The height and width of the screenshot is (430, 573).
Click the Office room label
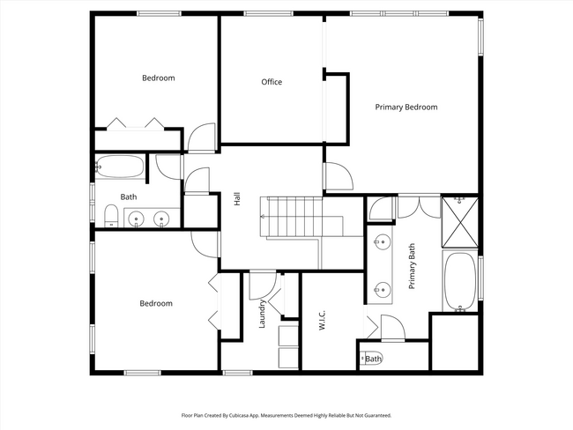[272, 82]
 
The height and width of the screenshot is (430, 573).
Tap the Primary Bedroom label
[406, 107]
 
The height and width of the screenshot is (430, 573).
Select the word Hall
[237, 201]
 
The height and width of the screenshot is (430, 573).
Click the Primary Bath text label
[411, 268]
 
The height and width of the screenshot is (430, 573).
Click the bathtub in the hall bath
[120, 167]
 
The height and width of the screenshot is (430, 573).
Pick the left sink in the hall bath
[137, 218]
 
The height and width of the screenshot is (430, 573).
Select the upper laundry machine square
[288, 336]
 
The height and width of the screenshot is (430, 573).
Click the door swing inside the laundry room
[261, 286]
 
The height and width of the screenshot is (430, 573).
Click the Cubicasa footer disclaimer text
[286, 414]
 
